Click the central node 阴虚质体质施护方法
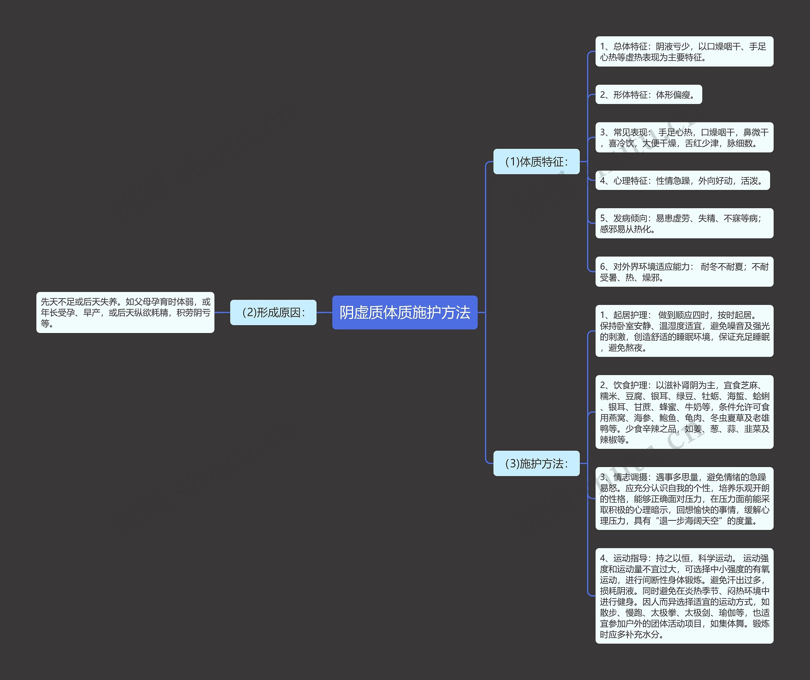point(404,312)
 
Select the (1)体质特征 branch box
point(536,161)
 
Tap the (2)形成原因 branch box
point(273,312)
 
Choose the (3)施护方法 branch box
point(536,463)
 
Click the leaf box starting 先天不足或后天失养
point(125,312)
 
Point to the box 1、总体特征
point(684,52)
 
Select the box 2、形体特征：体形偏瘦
point(648,94)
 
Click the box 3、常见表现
point(684,138)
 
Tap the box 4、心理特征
point(682,180)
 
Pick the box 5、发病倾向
point(684,224)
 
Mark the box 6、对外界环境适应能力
point(684,272)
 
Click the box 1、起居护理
point(684,331)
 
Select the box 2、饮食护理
point(684,412)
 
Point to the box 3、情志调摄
point(684,499)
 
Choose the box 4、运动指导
point(684,596)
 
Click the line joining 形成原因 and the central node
point(324,312)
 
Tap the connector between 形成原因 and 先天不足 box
point(222,312)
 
